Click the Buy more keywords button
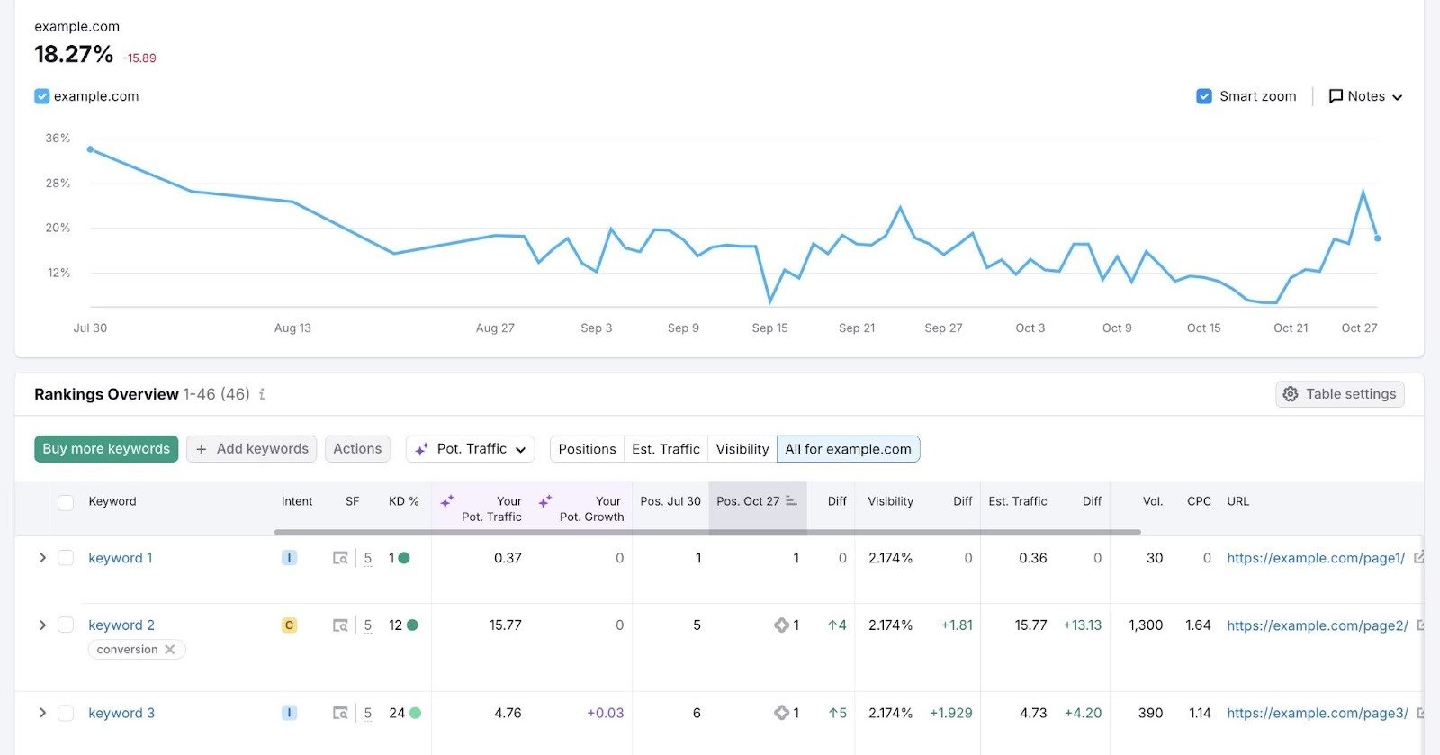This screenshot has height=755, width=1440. pos(106,449)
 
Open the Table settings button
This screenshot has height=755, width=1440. pos(1339,394)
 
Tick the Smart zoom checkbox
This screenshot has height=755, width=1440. pos(1204,96)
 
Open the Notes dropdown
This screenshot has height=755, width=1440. pos(1365,96)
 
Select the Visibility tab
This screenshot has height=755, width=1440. pos(742,449)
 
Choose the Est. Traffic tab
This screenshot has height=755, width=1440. pos(665,449)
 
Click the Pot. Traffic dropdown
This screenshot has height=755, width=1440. pos(471,449)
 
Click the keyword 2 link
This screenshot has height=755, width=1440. pos(121,625)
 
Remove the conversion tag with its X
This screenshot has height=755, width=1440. pos(170,650)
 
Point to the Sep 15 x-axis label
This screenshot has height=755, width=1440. pos(769,328)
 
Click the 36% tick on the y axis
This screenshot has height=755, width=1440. pos(58,139)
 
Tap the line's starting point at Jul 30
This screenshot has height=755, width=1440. pos(90,149)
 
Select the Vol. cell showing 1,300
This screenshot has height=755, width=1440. pos(1146,625)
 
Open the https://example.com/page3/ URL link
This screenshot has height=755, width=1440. pos(1317,713)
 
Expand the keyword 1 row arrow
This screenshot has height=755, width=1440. pos(42,558)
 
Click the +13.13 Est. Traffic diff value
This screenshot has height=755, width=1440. pos(1082,625)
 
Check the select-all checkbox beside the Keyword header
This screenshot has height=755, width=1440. pos(66,502)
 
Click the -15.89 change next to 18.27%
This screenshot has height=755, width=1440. pos(139,58)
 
